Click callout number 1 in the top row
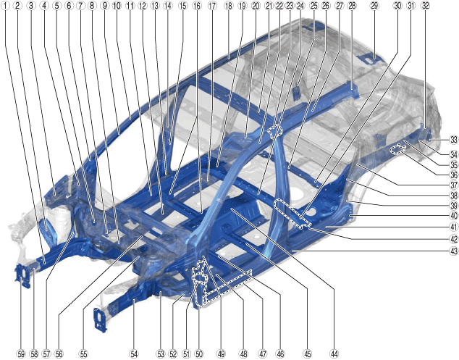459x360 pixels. (x=5, y=5)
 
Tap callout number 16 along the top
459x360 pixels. (x=198, y=5)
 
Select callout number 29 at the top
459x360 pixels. (x=374, y=5)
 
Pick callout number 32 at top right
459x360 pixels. (x=426, y=5)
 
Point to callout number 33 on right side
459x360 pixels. (x=453, y=140)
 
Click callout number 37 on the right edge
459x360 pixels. (x=453, y=185)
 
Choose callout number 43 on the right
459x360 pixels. (x=453, y=251)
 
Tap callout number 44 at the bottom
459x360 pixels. (x=334, y=354)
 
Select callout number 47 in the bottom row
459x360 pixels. (x=263, y=354)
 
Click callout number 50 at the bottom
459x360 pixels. (x=199, y=354)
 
